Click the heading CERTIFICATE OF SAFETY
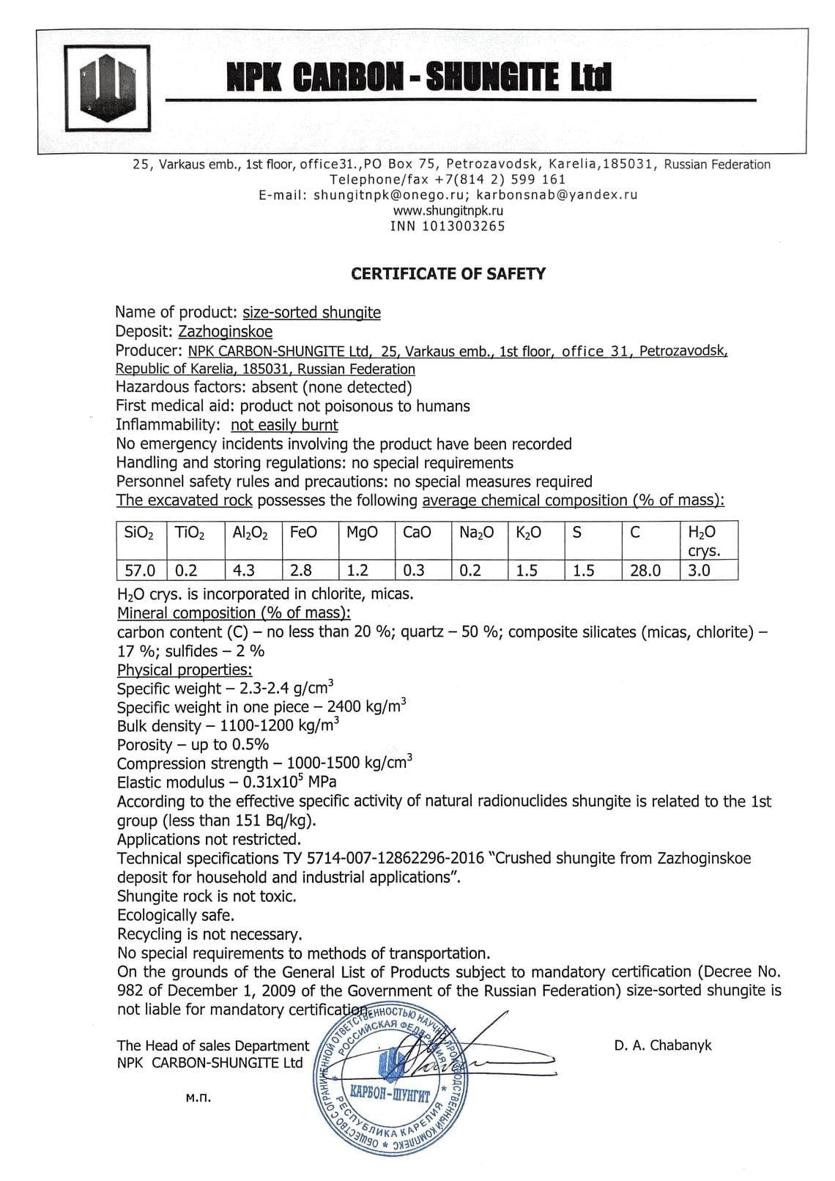(448, 274)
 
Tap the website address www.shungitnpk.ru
(448, 210)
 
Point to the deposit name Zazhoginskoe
(226, 332)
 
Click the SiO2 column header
(140, 533)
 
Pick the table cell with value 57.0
(140, 570)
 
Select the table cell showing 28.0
(645, 570)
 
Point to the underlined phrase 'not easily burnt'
(284, 425)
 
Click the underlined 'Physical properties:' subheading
(185, 670)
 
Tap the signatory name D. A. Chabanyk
(663, 1045)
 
